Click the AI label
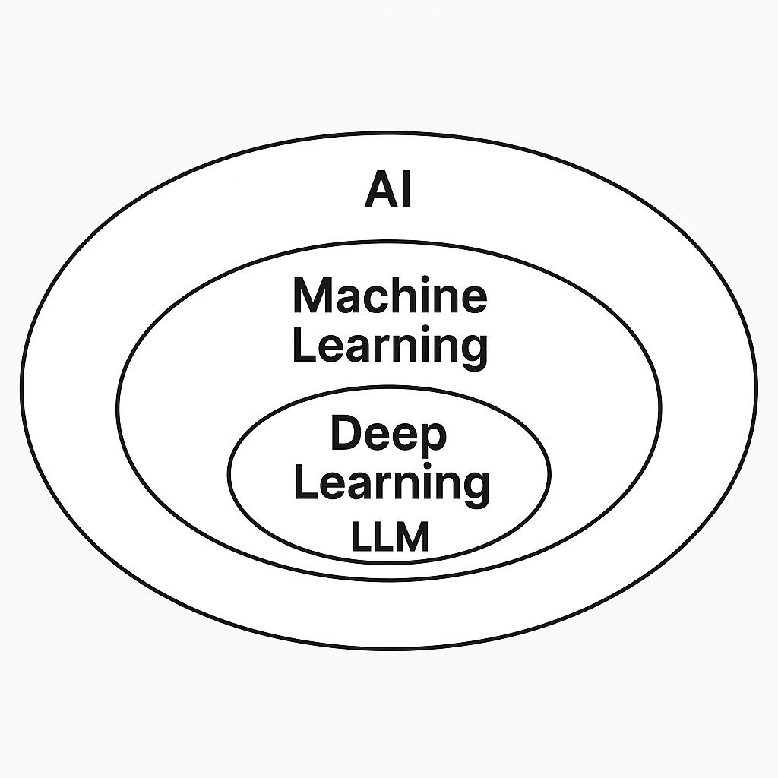(388, 189)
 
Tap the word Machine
(389, 296)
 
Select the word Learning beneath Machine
(389, 347)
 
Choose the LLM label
(390, 537)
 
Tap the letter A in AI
(381, 189)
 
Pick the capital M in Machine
(312, 296)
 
